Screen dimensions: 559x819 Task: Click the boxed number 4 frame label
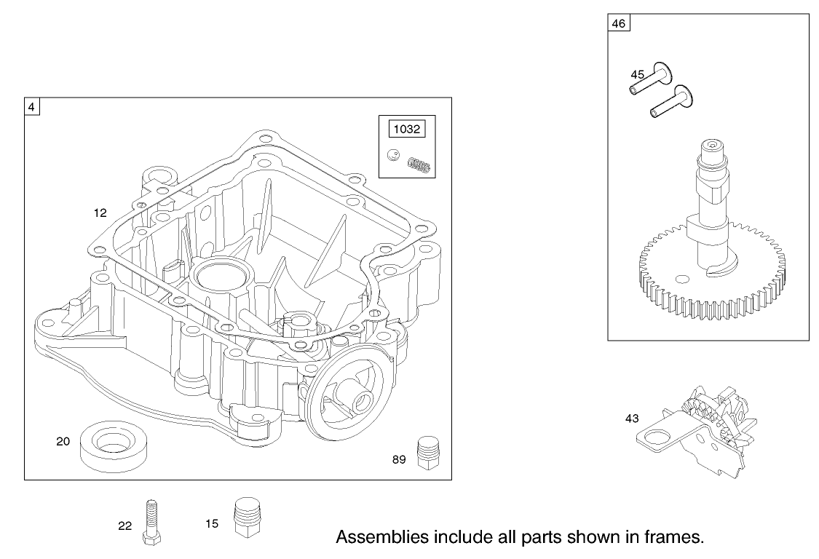point(32,106)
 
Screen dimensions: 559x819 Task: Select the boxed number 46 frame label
point(618,23)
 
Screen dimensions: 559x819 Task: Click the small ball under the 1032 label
point(393,155)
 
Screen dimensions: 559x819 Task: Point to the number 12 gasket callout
point(100,213)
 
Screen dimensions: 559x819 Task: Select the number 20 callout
point(63,441)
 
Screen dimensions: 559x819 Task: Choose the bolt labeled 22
point(152,521)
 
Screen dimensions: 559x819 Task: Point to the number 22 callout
point(125,526)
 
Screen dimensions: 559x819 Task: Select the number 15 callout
point(211,523)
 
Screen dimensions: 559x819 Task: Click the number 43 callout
point(633,419)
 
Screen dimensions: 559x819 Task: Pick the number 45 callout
point(637,74)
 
